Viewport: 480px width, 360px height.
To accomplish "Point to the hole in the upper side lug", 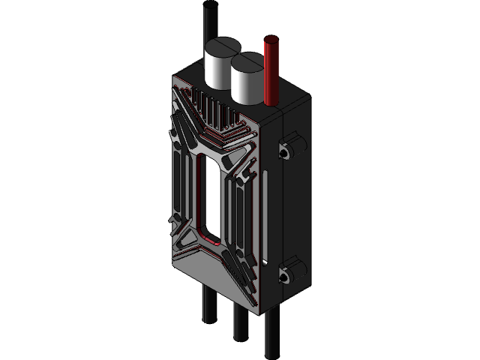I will [284, 153].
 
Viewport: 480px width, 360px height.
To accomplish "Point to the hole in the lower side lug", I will [284, 276].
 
